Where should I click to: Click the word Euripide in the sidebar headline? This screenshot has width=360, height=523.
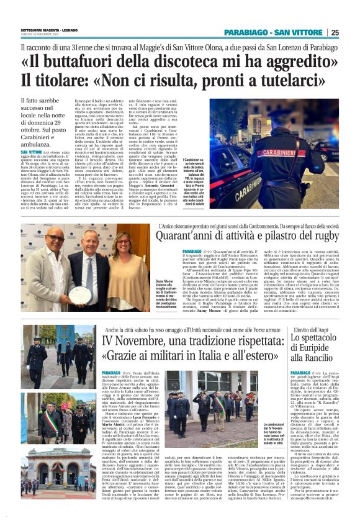click(317, 348)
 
